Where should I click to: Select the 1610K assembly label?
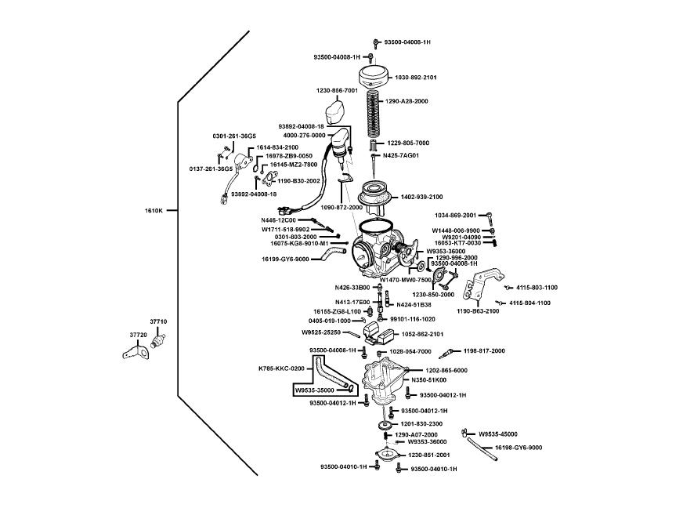tap(154, 210)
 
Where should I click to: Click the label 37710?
tap(158, 322)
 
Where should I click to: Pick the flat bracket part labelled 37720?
tap(136, 354)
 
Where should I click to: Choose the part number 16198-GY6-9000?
tap(519, 448)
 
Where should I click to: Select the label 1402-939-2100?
tap(421, 197)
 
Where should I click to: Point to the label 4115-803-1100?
tap(537, 288)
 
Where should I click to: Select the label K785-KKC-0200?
tap(281, 368)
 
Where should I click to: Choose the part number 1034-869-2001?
tap(456, 215)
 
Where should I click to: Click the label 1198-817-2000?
tap(484, 351)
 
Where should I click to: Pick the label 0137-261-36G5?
tap(211, 169)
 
